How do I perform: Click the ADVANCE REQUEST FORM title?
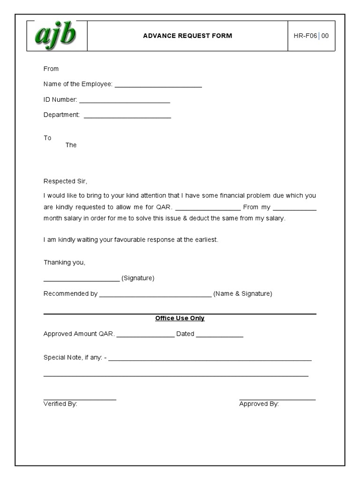tap(187, 36)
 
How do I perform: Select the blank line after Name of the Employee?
tap(158, 85)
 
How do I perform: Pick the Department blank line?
tap(127, 116)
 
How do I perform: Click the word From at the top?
tap(51, 69)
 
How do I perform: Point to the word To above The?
tap(47, 138)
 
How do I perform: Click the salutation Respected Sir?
tap(66, 181)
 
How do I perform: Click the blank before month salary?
tap(294, 209)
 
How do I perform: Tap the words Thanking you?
tap(64, 262)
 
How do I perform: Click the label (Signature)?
tap(138, 278)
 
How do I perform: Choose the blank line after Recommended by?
tap(155, 295)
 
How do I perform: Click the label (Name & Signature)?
tap(242, 294)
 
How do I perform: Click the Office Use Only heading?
tap(180, 318)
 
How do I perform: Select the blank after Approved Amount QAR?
tap(145, 335)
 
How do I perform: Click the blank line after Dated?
tap(219, 335)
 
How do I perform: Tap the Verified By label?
tap(60, 404)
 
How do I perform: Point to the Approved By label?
tap(259, 404)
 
